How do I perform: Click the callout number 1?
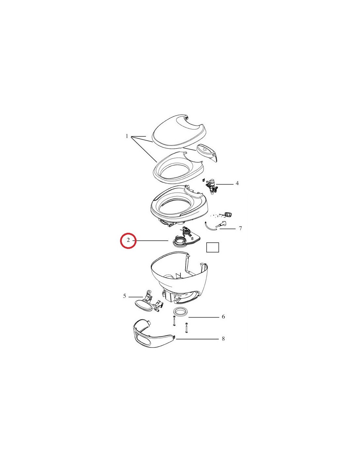pyautogui.click(x=127, y=136)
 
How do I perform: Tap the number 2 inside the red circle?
pyautogui.click(x=128, y=240)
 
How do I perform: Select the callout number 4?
pyautogui.click(x=237, y=183)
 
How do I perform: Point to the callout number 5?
pyautogui.click(x=124, y=296)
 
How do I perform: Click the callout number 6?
pyautogui.click(x=223, y=317)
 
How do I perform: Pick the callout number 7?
pyautogui.click(x=240, y=228)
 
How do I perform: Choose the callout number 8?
pyautogui.click(x=223, y=339)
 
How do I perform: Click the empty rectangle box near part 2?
pyautogui.click(x=212, y=247)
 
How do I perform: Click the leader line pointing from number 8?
pyautogui.click(x=197, y=339)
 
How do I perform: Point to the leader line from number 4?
pyautogui.click(x=225, y=184)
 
